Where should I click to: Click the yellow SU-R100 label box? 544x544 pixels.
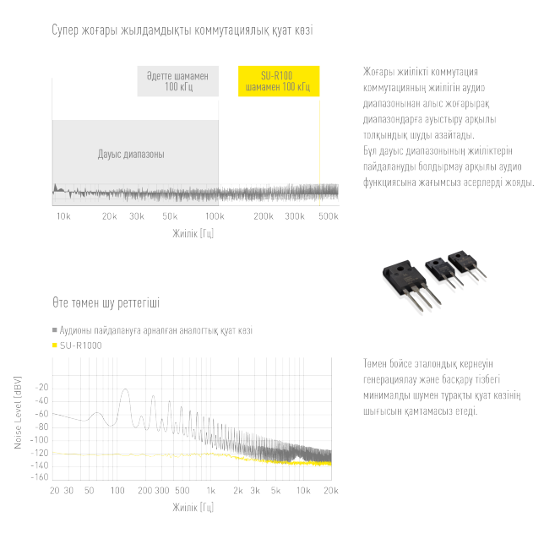(x=279, y=81)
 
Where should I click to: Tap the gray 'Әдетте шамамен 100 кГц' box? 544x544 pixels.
(x=178, y=81)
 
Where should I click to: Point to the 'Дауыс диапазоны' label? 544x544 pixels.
(x=131, y=154)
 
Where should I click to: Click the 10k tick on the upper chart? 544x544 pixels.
(x=63, y=216)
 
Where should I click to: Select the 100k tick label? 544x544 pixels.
(x=215, y=216)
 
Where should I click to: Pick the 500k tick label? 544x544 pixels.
(x=329, y=216)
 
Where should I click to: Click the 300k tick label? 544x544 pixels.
(x=295, y=216)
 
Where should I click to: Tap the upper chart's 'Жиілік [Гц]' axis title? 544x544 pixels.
(x=193, y=233)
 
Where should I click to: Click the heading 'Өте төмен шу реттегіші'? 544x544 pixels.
(x=106, y=303)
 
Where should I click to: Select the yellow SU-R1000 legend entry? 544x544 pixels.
(x=77, y=345)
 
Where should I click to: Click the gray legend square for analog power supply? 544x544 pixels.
(x=54, y=329)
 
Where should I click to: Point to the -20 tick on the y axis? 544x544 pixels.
(x=42, y=388)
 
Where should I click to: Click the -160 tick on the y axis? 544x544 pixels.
(x=40, y=477)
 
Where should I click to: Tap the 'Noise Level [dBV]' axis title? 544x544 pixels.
(x=18, y=412)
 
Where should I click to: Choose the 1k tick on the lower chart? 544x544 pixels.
(x=211, y=491)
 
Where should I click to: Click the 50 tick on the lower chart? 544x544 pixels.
(x=90, y=491)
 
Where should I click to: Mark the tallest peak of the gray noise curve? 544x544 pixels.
(x=125, y=389)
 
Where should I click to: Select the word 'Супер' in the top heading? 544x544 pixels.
(x=65, y=30)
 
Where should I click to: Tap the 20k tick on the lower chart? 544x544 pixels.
(x=331, y=491)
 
